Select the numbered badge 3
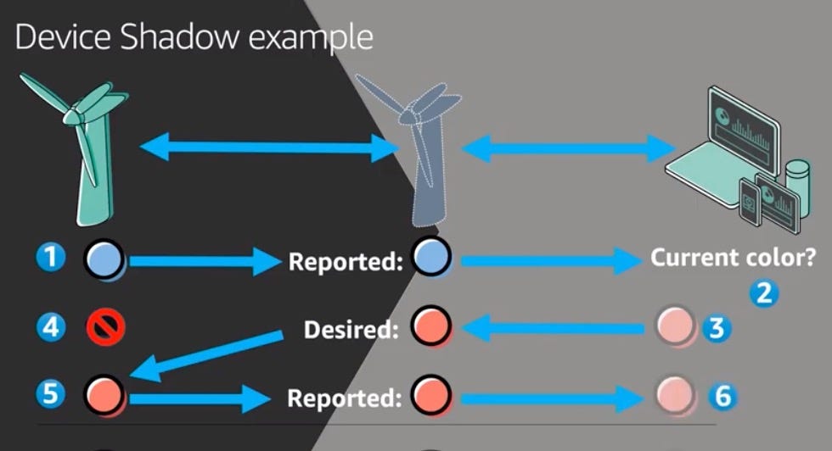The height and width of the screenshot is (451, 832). click(717, 327)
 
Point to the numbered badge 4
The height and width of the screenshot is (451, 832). click(53, 326)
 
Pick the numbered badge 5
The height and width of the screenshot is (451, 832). click(53, 393)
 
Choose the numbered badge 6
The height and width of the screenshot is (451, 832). click(721, 395)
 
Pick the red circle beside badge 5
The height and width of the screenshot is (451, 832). click(105, 393)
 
